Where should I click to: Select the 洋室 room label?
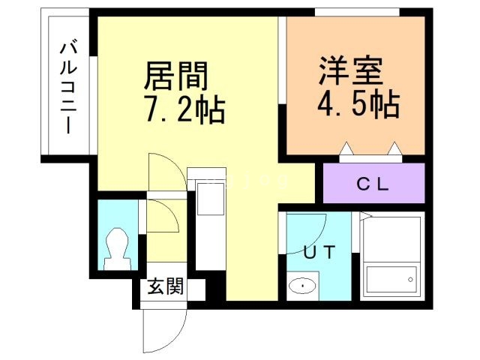[x=350, y=71]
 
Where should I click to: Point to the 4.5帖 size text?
[x=356, y=103]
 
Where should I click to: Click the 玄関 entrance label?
[x=164, y=286]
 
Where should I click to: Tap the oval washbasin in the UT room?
[x=303, y=285]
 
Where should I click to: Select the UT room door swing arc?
[x=308, y=232]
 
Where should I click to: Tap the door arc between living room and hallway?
[x=164, y=172]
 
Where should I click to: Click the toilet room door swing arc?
[x=163, y=221]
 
